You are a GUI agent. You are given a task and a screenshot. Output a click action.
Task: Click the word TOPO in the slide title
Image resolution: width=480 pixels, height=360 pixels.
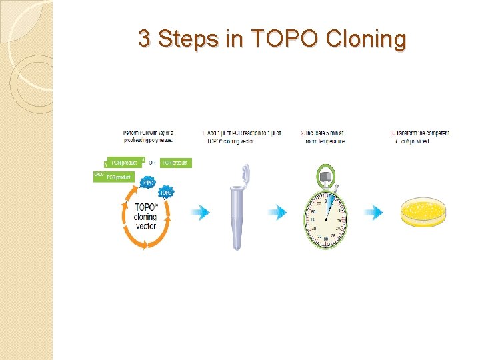pos(285,39)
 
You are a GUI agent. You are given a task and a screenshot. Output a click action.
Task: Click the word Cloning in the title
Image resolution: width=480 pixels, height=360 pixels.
pos(366,39)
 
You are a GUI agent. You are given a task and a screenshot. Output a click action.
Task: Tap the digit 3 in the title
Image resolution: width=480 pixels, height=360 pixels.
pos(144,39)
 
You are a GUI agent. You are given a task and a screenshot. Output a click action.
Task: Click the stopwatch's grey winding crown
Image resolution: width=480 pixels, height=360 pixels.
pos(326,177)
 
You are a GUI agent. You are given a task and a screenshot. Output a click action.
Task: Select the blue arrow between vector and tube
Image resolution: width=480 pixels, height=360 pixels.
pos(199,213)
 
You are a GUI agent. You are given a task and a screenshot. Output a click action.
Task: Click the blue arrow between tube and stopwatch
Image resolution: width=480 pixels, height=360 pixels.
pos(277,213)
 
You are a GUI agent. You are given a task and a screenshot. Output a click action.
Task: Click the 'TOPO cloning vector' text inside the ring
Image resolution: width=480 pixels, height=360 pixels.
pos(145,217)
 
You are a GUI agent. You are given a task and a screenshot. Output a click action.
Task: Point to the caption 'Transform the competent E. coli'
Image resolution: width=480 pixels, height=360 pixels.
pos(420,137)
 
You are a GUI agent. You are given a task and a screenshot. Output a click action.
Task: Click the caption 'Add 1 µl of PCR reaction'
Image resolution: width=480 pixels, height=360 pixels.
pos(241,137)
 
